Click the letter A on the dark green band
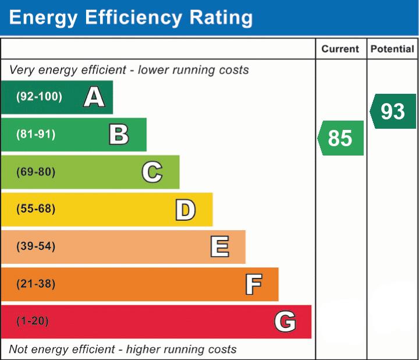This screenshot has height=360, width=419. pyautogui.click(x=94, y=97)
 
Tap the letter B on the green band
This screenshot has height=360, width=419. pyautogui.click(x=119, y=135)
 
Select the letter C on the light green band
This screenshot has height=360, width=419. pyautogui.click(x=152, y=172)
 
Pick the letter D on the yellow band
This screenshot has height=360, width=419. pyautogui.click(x=185, y=210)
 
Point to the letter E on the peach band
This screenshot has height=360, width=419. pyautogui.click(x=219, y=247)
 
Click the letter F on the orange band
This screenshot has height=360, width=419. pyautogui.click(x=253, y=284)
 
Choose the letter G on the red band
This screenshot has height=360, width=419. pyautogui.click(x=285, y=322)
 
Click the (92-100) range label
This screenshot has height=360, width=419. pyautogui.click(x=39, y=97)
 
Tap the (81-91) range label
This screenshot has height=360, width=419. pyautogui.click(x=36, y=135)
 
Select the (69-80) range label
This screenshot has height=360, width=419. pyautogui.click(x=36, y=172)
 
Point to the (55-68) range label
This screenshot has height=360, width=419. pyautogui.click(x=36, y=209)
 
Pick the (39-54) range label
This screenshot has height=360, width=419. pyautogui.click(x=36, y=246)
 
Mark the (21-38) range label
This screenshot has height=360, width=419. pyautogui.click(x=36, y=284)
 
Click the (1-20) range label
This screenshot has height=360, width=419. pyautogui.click(x=33, y=321)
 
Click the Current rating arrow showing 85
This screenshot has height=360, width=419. pyautogui.click(x=341, y=138)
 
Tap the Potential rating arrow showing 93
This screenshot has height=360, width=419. pyautogui.click(x=393, y=111)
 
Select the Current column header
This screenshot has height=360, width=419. pyautogui.click(x=340, y=50)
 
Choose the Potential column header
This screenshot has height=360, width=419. pyautogui.click(x=392, y=50)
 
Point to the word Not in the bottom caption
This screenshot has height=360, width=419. pyautogui.click(x=18, y=350)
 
